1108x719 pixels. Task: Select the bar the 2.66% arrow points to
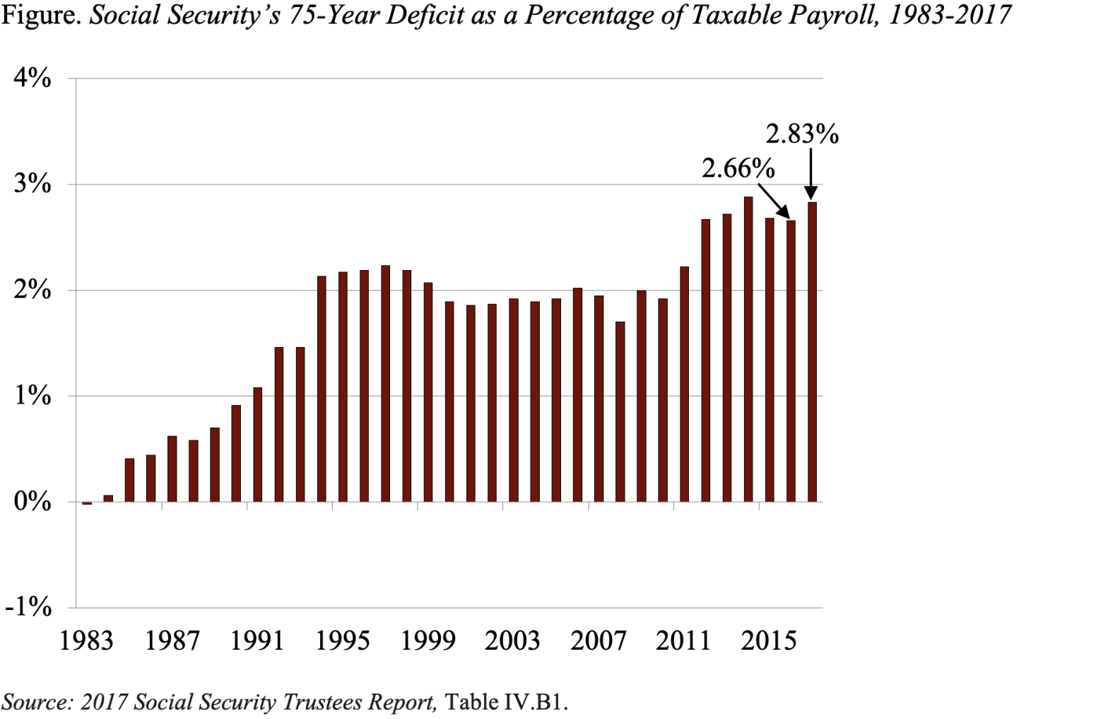pyautogui.click(x=791, y=361)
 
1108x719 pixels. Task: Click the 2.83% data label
pyautogui.click(x=801, y=134)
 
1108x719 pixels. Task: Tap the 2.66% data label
pyautogui.click(x=737, y=168)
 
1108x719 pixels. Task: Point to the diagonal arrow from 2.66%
pyautogui.click(x=774, y=201)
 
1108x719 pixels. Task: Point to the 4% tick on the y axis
pyautogui.click(x=33, y=78)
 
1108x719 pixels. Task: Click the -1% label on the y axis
pyautogui.click(x=28, y=607)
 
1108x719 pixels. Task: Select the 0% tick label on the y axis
pyautogui.click(x=33, y=501)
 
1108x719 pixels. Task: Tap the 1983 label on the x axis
pyautogui.click(x=86, y=641)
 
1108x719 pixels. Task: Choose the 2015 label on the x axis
pyautogui.click(x=769, y=641)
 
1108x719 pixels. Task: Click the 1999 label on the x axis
pyautogui.click(x=428, y=641)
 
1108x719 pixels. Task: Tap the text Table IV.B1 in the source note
pyautogui.click(x=506, y=702)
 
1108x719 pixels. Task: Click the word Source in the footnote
pyautogui.click(x=36, y=702)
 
